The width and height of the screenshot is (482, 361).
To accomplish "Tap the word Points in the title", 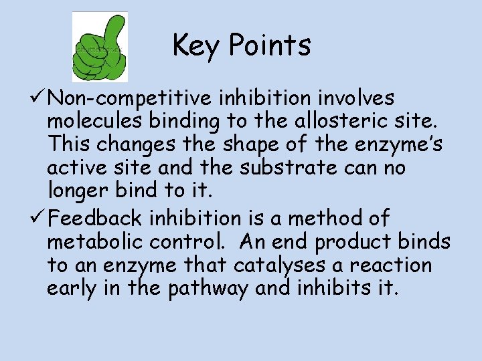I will (270, 46).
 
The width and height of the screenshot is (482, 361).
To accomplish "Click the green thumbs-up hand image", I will (100, 47).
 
